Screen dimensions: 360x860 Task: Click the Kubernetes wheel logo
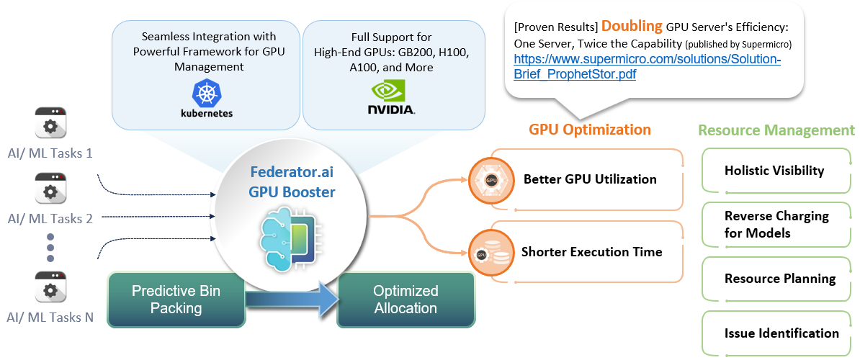pos(207,93)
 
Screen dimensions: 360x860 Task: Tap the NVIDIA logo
pos(391,97)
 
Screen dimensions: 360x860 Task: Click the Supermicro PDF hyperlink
pos(647,66)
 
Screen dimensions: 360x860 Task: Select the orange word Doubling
pos(632,26)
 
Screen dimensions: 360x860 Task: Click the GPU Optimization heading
pos(589,130)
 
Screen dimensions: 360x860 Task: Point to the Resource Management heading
pos(776,130)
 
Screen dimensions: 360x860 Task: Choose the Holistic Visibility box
pos(774,171)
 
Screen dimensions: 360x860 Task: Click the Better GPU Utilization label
pos(589,179)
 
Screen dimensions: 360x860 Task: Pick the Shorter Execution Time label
pos(591,252)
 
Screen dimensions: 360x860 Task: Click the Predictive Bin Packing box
pos(176,300)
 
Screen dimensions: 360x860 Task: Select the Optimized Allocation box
pos(406,300)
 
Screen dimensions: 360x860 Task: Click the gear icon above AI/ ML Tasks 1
pos(50,124)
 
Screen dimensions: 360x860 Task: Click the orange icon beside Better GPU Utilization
pos(490,179)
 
